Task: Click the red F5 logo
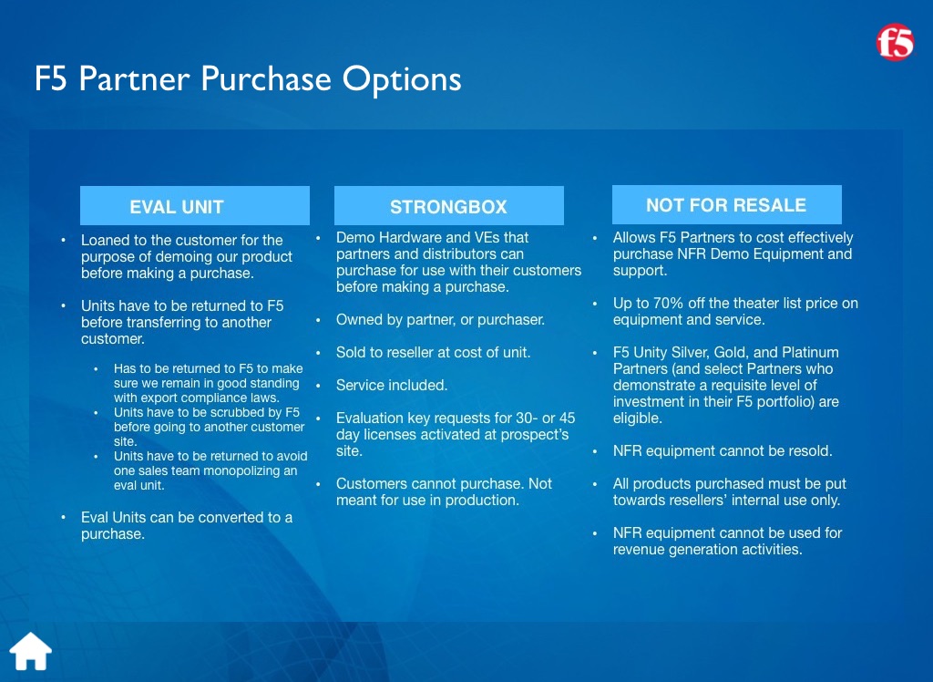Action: [895, 42]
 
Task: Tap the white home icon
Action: [31, 651]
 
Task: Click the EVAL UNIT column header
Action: [195, 205]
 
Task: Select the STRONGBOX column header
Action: [448, 205]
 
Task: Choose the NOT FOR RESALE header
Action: [726, 205]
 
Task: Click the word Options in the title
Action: [402, 79]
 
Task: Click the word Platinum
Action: [810, 353]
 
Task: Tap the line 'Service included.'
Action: [392, 386]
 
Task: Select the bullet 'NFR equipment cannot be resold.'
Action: [723, 451]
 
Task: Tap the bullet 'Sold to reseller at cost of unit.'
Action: [433, 353]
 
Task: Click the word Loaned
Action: [105, 240]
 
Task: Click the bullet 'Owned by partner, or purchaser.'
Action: [440, 320]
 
